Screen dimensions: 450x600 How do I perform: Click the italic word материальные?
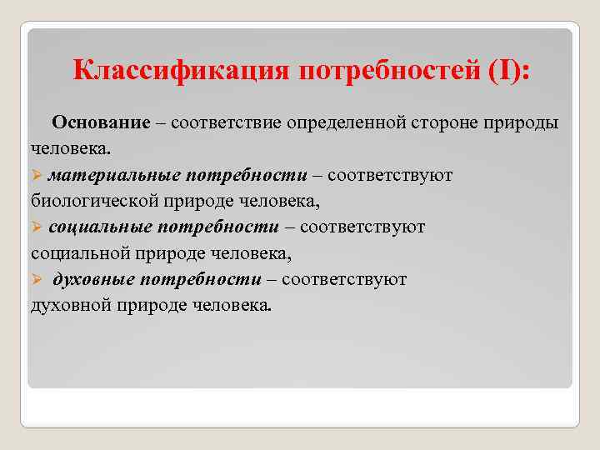(115, 176)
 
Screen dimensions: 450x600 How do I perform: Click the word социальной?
(76, 253)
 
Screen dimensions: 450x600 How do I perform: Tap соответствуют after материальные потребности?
(390, 176)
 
